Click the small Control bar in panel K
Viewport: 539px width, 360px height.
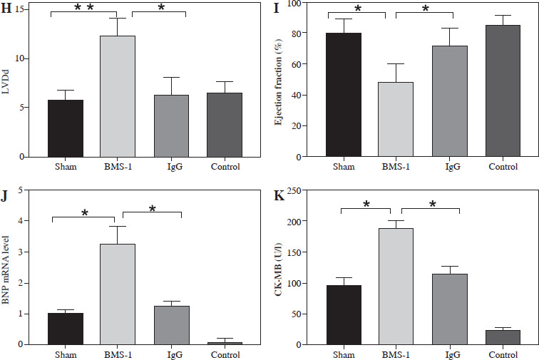(503, 337)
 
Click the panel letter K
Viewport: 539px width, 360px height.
(280, 195)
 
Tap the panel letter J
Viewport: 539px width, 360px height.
(6, 195)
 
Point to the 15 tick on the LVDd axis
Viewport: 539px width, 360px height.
(25, 9)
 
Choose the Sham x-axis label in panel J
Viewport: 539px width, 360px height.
(66, 354)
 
